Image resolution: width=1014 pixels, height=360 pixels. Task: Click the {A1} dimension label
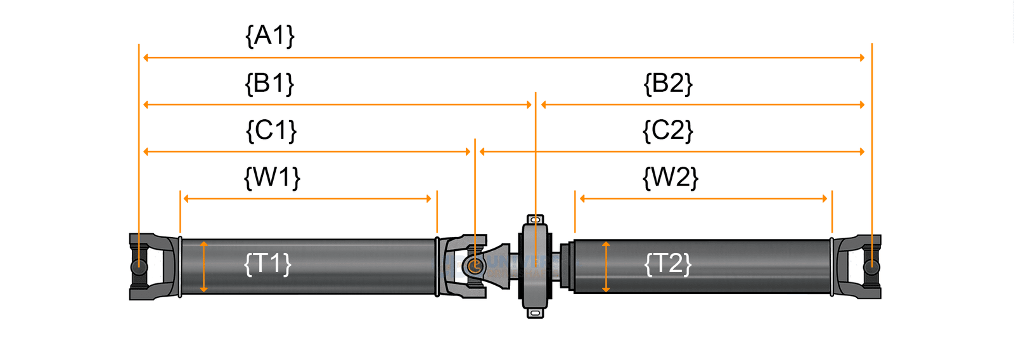coord(270,35)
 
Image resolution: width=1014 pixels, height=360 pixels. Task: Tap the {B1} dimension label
coord(270,83)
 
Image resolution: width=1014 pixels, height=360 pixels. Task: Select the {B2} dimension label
coord(668,83)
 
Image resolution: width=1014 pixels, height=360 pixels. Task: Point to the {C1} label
coord(271,131)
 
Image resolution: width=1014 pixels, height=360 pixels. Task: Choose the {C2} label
coord(668,131)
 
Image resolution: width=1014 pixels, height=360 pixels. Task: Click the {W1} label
coord(272,177)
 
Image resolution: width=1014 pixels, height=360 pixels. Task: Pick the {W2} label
coord(671,177)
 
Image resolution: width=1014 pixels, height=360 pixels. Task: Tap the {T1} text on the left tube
coord(268,263)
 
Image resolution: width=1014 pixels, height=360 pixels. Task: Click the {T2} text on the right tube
coord(668,263)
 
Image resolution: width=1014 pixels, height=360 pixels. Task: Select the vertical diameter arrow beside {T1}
coord(203,266)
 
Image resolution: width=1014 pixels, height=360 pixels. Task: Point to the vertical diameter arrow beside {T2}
coord(606,266)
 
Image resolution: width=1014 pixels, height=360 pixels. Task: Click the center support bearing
coord(536,266)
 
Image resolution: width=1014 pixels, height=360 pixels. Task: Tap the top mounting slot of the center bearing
coord(536,220)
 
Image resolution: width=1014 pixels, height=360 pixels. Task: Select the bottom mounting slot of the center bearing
coord(536,312)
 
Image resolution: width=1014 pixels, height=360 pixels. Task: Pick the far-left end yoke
coord(146,267)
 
